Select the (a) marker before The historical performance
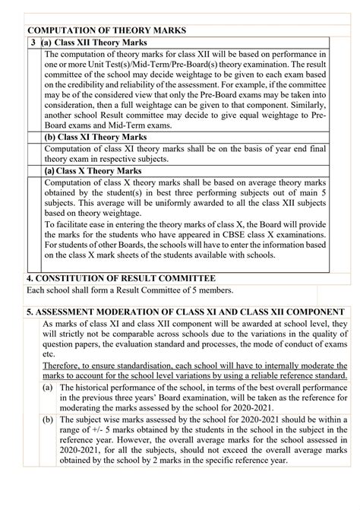tap(49, 389)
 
